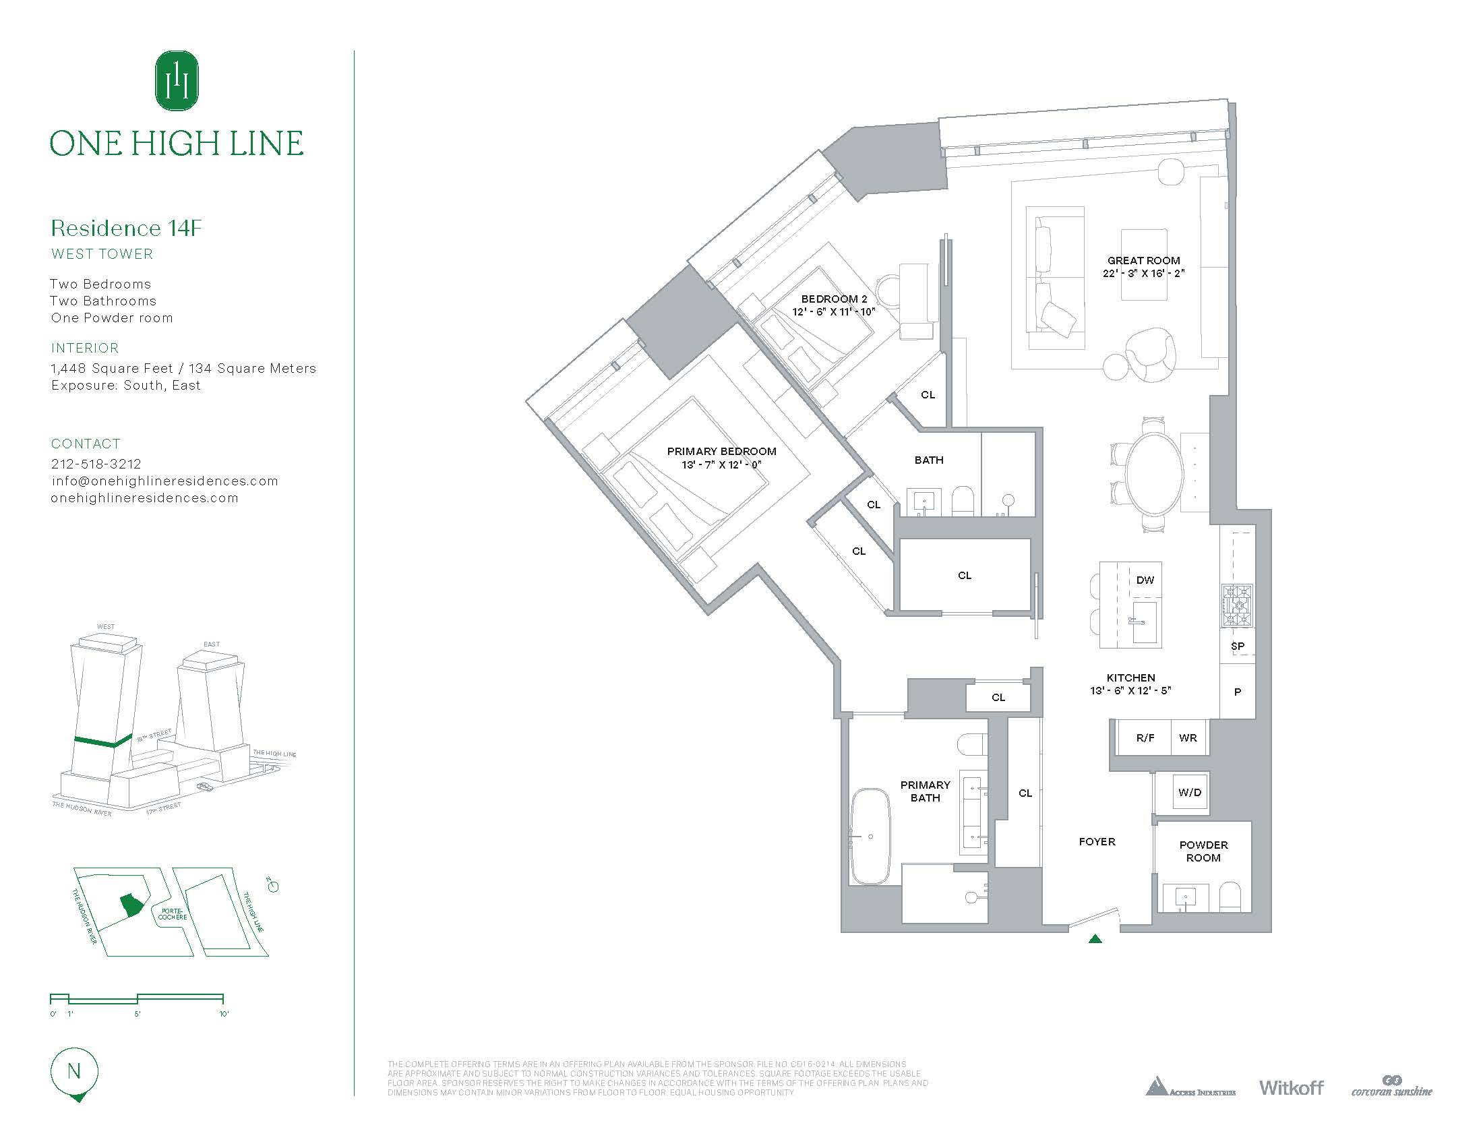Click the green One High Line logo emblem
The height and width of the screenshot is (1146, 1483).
pos(177,81)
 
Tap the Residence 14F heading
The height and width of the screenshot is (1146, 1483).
pos(126,228)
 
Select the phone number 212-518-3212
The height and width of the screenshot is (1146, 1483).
pos(96,464)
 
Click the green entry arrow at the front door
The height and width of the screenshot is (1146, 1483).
pos(1095,939)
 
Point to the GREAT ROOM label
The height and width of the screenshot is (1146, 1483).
pos(1143,261)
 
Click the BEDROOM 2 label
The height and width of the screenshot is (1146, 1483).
pos(834,299)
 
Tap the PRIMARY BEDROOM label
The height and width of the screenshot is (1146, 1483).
pos(721,452)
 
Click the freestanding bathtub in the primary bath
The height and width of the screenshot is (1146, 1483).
pos(870,836)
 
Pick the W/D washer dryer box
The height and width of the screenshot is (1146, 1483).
pos(1190,792)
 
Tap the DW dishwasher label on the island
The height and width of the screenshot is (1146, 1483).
pos(1145,580)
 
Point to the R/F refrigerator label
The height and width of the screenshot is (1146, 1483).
pos(1145,738)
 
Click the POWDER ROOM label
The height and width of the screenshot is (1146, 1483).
pos(1203,851)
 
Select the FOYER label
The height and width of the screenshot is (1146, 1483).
pos(1097,842)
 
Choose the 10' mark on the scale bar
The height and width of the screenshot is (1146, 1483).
pos(223,1015)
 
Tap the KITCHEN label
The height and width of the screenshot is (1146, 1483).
pos(1130,677)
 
